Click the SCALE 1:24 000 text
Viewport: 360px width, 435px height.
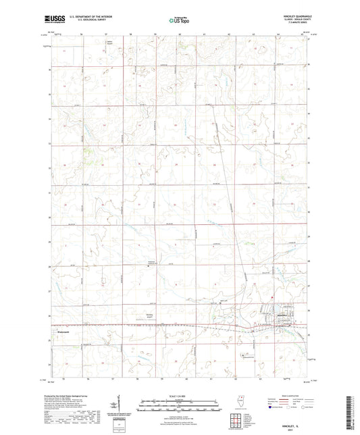(179, 396)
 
